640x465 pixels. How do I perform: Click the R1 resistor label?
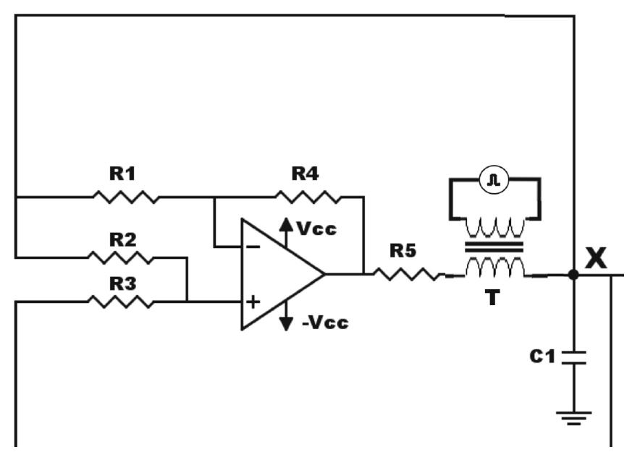pos(122,174)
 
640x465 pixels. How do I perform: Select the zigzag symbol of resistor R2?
pos(121,257)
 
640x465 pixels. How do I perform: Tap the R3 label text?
pos(122,283)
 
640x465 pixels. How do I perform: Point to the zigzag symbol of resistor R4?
pos(308,197)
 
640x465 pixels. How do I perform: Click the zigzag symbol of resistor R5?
pos(407,274)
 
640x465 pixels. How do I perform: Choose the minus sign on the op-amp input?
pos(253,247)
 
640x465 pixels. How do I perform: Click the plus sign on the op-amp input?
pos(253,302)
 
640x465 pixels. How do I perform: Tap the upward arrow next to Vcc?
pos(286,233)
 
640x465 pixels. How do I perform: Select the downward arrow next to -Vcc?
pos(286,316)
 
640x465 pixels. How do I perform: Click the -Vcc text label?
pos(325,323)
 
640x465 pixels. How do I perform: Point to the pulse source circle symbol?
pos(494,179)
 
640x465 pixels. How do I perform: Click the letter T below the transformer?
pos(492,297)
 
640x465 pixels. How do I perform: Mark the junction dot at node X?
pos(573,275)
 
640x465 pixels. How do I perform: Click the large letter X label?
pos(596,258)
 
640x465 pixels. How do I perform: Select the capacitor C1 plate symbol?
pos(574,357)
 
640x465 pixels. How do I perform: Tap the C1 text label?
pos(542,357)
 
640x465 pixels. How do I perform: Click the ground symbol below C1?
pos(574,419)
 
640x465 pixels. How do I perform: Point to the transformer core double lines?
pos(494,247)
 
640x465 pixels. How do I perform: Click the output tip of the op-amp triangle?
pos(324,274)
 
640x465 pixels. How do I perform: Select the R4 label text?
pos(306,174)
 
